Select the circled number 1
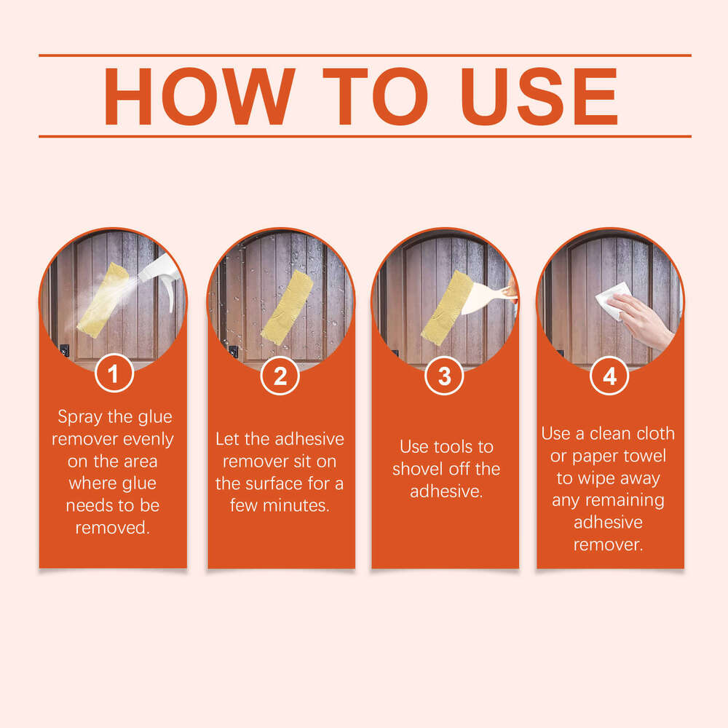114,376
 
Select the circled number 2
280,376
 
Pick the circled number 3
445,376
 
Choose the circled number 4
609,376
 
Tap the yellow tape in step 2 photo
287,306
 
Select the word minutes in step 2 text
300,505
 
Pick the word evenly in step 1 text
149,439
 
